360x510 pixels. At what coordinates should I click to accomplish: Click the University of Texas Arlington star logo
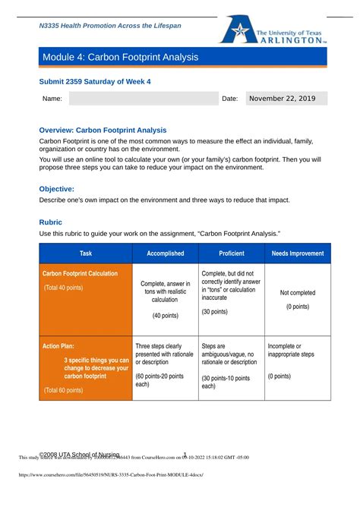click(236, 30)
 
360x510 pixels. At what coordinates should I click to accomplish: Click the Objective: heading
click(56, 188)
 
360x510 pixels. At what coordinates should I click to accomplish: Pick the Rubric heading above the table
click(51, 222)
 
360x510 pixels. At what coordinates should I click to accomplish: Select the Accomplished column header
click(165, 253)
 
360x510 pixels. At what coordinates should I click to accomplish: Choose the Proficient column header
click(231, 253)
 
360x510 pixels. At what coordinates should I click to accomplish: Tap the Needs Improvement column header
click(297, 253)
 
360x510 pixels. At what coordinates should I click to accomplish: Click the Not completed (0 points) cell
click(297, 299)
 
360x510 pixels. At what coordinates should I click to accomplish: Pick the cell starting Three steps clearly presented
click(165, 364)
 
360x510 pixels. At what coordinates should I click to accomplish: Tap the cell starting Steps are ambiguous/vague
click(231, 366)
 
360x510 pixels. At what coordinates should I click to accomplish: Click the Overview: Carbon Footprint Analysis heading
click(103, 130)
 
